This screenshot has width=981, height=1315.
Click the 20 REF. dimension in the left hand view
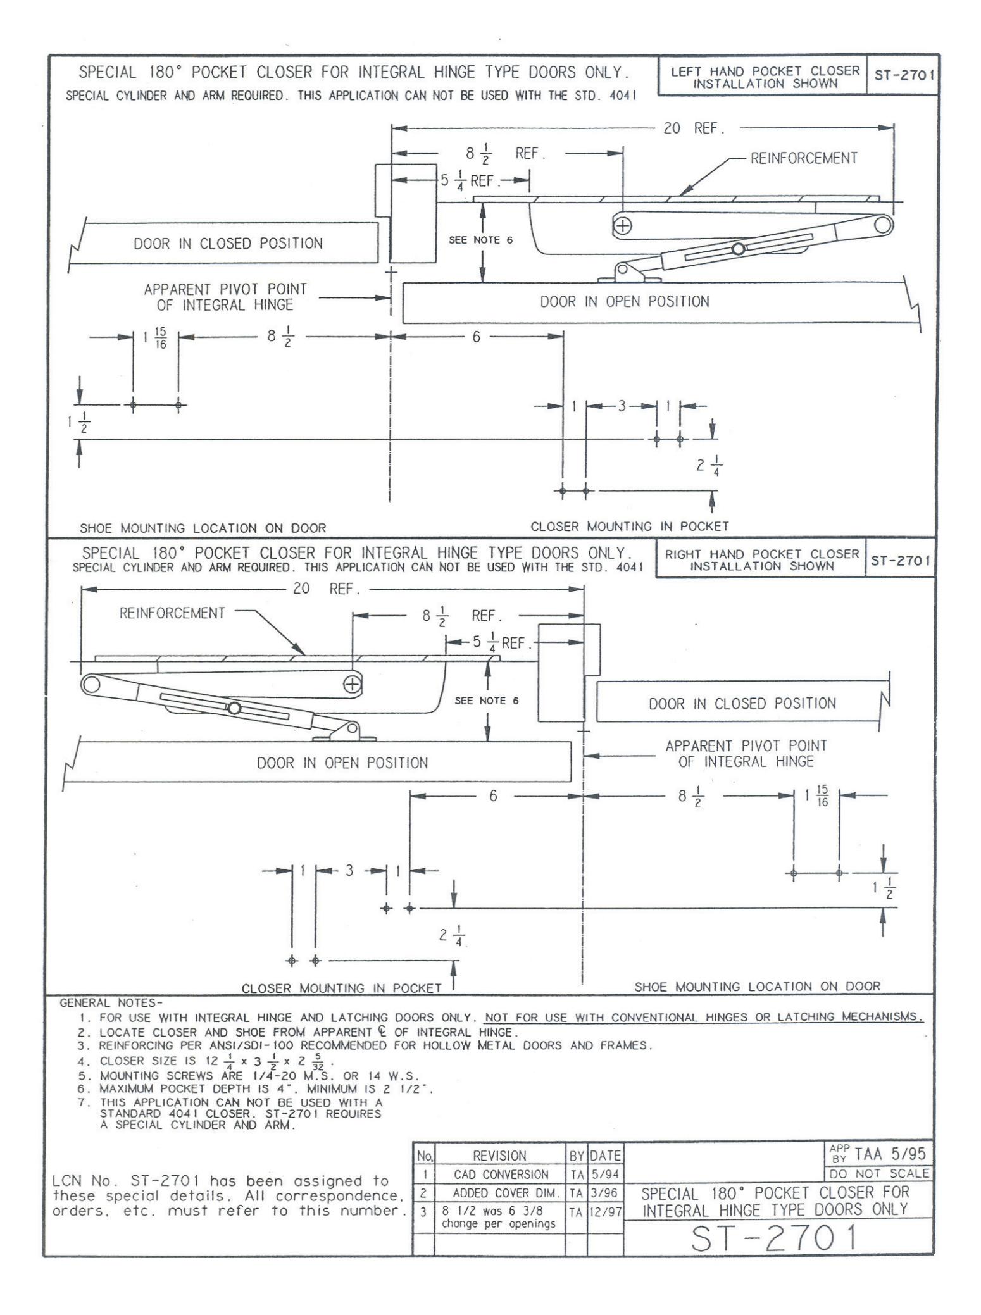click(693, 128)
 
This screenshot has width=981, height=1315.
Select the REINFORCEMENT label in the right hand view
click(172, 613)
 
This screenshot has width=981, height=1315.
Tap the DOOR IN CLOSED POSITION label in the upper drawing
click(228, 244)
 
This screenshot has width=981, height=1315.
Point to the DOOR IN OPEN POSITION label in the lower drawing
click(342, 763)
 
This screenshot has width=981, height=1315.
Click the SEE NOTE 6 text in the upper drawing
click(481, 240)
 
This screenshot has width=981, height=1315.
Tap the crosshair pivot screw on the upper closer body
click(623, 225)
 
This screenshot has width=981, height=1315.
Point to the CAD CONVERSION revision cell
click(500, 1175)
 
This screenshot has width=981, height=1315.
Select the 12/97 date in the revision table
click(605, 1212)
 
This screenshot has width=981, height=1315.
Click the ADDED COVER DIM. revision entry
click(500, 1193)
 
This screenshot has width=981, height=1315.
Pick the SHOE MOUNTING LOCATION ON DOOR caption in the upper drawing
click(203, 528)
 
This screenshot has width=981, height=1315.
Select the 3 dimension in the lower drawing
click(349, 870)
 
